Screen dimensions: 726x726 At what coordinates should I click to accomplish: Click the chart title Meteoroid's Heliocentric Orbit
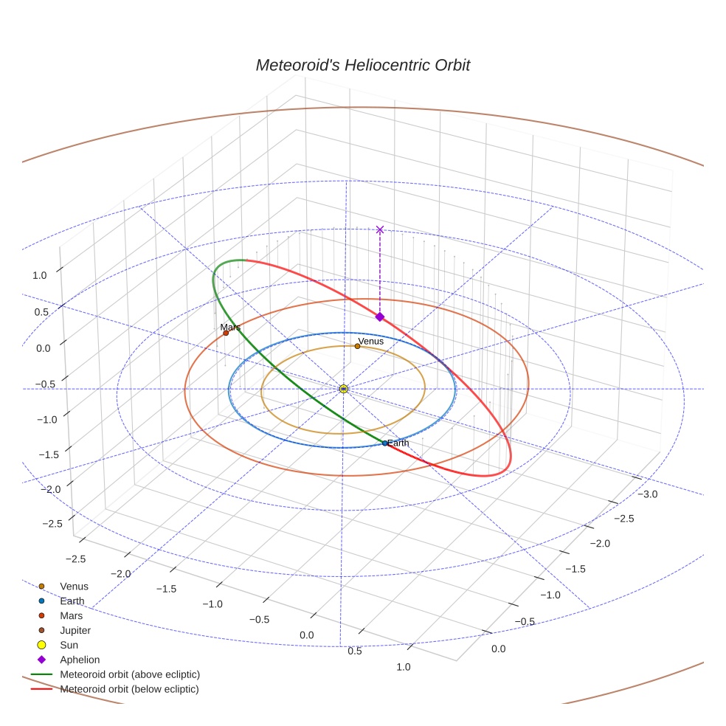[x=362, y=65]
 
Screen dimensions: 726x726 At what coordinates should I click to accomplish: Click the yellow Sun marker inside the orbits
[x=343, y=388]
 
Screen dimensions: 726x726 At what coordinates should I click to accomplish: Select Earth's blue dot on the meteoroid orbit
[x=384, y=443]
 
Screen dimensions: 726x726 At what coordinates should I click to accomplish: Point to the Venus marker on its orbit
[x=357, y=346]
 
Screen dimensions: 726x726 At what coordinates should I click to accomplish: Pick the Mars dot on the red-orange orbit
[x=226, y=333]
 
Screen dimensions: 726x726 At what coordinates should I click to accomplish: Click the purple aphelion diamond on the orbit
[x=380, y=317]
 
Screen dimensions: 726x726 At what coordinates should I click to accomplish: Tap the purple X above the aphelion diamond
[x=380, y=229]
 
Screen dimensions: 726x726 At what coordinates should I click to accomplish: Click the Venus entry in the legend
[x=74, y=587]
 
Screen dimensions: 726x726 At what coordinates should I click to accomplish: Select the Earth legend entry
[x=72, y=601]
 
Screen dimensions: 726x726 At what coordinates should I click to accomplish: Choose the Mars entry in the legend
[x=71, y=615]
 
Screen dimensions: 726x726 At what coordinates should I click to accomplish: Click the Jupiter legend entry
[x=75, y=630]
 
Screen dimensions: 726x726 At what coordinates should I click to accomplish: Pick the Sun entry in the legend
[x=69, y=645]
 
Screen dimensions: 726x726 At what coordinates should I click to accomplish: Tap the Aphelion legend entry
[x=80, y=660]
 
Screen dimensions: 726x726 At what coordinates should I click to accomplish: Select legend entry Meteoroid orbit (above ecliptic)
[x=130, y=674]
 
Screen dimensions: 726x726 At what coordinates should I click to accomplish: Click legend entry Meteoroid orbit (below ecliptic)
[x=130, y=689]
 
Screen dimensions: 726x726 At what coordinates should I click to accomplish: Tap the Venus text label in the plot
[x=370, y=341]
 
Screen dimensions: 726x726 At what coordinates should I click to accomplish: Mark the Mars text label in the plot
[x=230, y=327]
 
